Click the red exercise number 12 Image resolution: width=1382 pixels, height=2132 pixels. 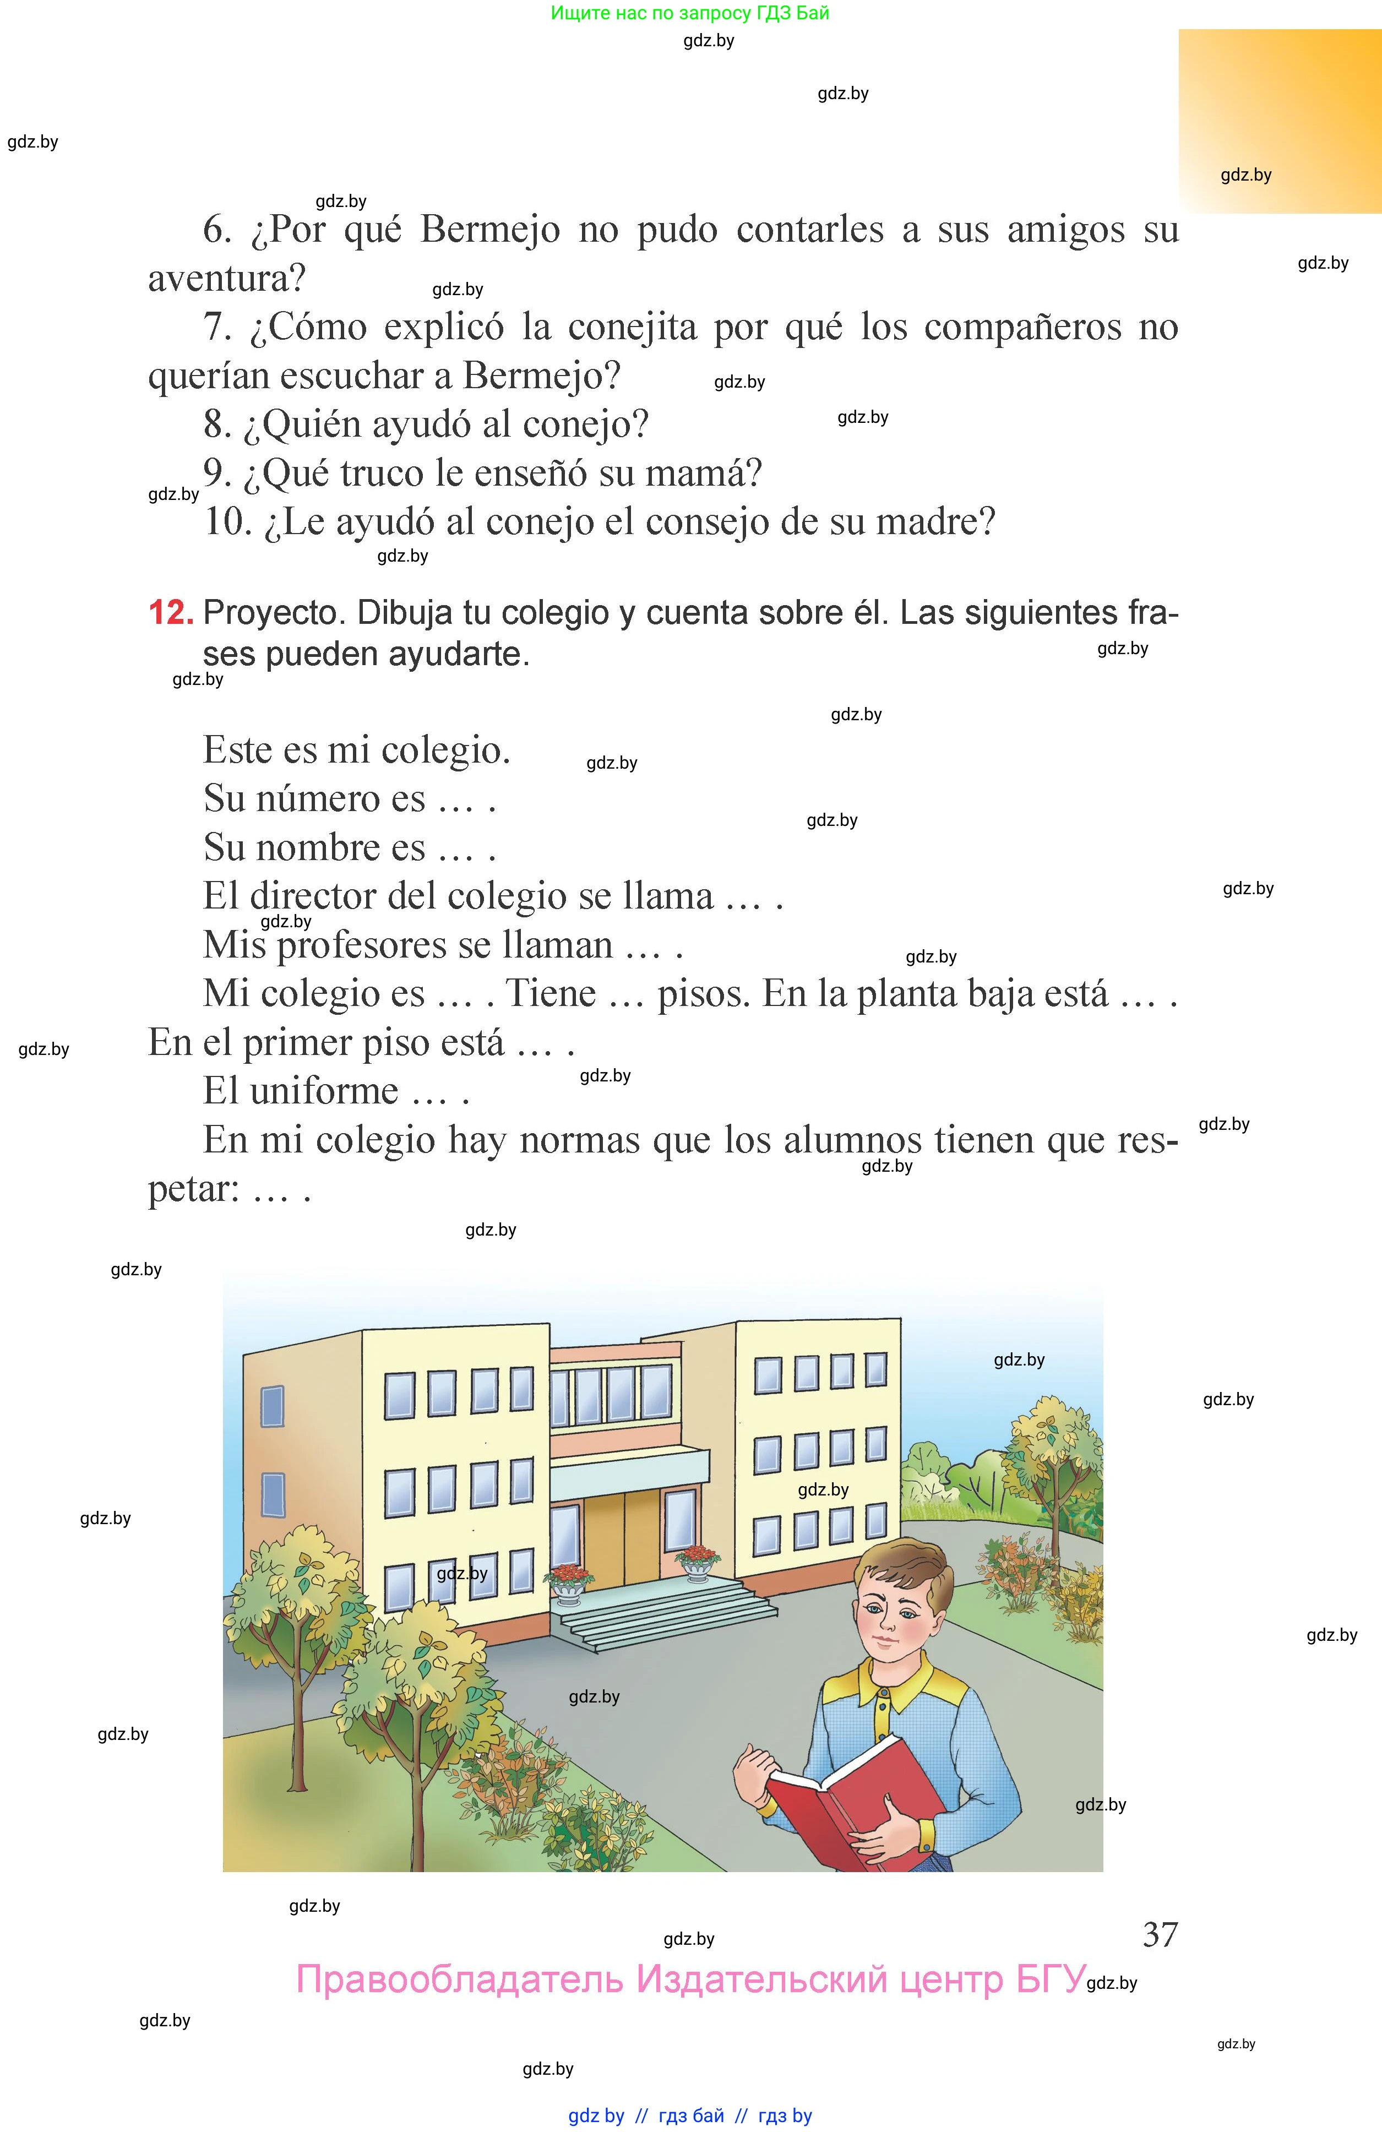170,613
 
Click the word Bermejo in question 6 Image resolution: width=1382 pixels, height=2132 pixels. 490,230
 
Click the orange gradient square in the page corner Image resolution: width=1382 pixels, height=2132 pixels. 1279,121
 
